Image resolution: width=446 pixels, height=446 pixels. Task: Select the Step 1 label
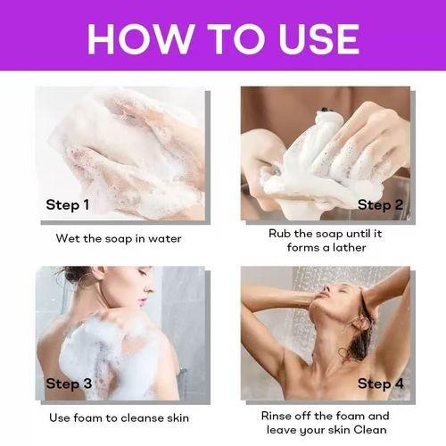pos(68,205)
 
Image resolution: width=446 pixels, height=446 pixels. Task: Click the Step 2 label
pos(380,205)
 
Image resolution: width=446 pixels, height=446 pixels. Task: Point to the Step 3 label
pos(69,384)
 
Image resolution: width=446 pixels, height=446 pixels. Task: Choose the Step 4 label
pos(381,384)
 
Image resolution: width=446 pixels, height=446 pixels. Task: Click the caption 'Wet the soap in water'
pos(119,239)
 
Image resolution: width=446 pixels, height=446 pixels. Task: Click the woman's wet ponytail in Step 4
pos(359,339)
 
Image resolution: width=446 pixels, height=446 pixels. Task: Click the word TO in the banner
pos(235,39)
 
